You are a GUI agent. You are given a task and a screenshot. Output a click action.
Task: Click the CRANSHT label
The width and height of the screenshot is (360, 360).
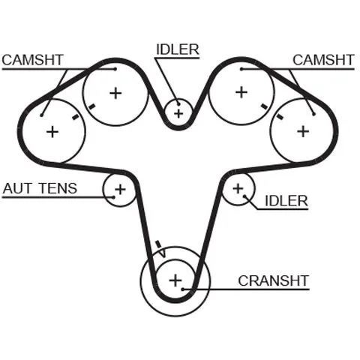tap(273, 280)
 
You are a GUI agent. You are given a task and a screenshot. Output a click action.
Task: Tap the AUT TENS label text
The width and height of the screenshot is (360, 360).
tap(40, 188)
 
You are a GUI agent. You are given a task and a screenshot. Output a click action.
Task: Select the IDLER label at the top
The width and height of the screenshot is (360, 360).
tap(178, 49)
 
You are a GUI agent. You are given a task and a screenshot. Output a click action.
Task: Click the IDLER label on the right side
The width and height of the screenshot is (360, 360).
tap(286, 201)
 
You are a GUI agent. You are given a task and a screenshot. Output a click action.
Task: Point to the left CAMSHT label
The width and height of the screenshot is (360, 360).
tap(33, 60)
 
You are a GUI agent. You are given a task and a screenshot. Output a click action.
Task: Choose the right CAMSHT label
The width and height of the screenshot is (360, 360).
tap(323, 60)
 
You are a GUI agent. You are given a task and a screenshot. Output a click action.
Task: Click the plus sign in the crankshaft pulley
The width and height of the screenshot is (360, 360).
tap(175, 280)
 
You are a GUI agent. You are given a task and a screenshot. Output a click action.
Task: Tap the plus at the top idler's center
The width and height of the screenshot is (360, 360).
tap(178, 114)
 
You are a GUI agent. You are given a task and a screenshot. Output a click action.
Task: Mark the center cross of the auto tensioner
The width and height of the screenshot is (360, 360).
tap(120, 190)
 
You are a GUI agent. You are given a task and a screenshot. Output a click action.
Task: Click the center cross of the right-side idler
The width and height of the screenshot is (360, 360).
tap(238, 188)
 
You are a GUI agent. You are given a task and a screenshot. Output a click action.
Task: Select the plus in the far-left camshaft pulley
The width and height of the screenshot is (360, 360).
tap(52, 132)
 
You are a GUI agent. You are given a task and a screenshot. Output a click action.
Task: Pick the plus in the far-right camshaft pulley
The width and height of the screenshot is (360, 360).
tap(303, 131)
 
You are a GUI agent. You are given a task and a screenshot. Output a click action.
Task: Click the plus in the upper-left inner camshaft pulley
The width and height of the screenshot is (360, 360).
tap(115, 94)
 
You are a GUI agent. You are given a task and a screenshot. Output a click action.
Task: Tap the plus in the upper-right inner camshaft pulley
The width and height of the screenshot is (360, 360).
tap(241, 92)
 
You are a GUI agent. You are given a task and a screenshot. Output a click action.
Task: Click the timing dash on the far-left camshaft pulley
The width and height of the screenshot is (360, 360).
tap(75, 116)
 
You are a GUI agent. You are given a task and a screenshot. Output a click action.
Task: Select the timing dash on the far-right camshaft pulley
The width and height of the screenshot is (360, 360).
tap(280, 116)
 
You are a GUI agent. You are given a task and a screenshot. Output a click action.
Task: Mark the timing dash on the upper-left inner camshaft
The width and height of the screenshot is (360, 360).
tap(91, 106)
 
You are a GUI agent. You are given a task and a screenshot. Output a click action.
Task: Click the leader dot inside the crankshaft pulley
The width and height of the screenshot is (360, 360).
tap(183, 289)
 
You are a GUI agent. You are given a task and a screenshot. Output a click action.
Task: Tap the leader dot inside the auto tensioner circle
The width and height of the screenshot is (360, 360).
tap(114, 197)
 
